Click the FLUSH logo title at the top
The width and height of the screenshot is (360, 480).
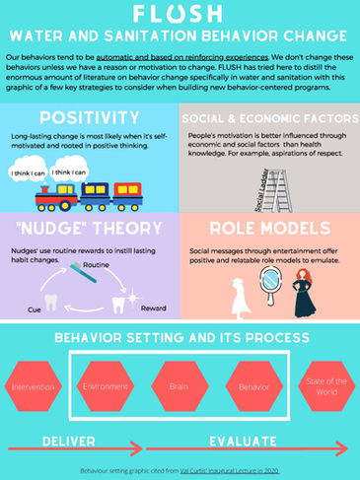(180, 15)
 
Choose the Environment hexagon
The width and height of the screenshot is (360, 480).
(106, 387)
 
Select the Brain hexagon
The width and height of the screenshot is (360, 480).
(179, 387)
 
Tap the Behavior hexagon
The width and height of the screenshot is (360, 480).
(253, 387)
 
